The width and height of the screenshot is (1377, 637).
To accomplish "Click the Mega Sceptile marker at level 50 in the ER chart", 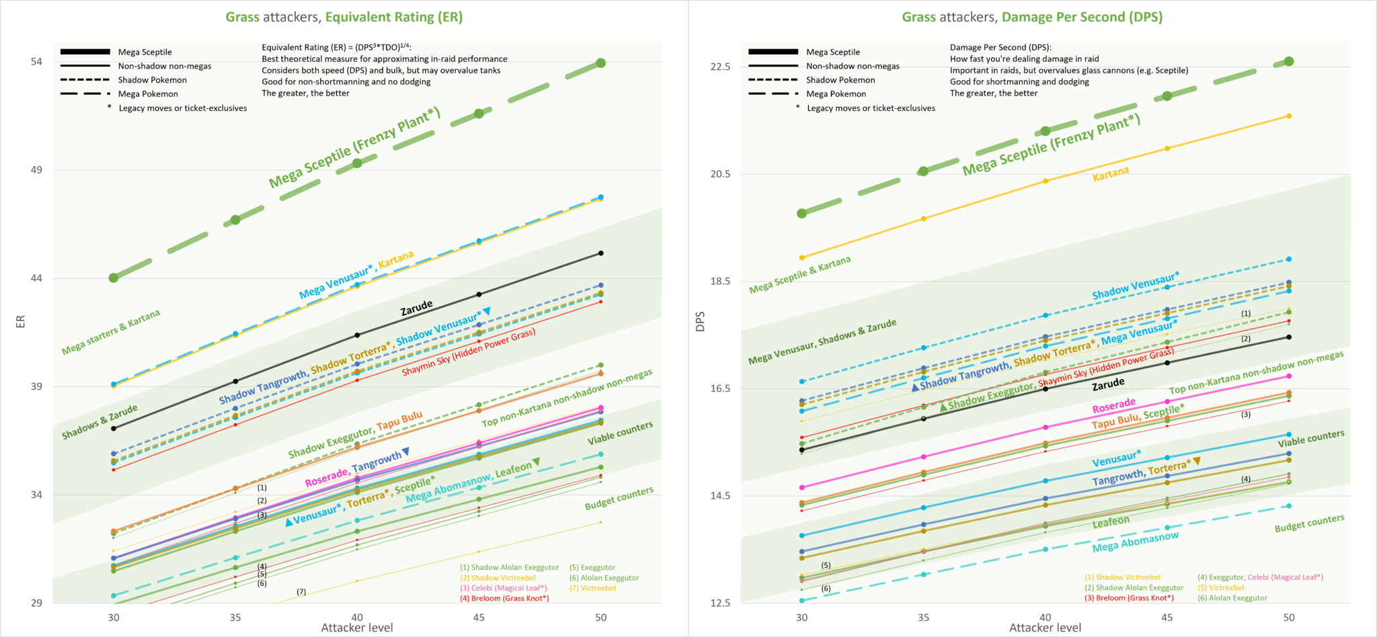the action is point(601,62).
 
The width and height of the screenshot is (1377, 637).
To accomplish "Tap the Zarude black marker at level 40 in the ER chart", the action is point(357,335).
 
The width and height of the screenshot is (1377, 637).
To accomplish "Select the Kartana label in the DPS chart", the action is point(1111,173).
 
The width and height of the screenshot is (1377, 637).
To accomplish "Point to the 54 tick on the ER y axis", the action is point(36,62).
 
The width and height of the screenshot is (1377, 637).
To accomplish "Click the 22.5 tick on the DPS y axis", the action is point(720,67).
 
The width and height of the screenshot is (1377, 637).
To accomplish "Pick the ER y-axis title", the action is point(20,322).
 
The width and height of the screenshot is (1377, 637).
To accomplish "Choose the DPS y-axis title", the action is point(701,322).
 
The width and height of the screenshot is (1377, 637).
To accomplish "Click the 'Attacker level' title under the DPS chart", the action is point(1045,628).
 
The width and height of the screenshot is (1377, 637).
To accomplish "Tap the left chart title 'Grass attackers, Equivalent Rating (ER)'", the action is point(344,17).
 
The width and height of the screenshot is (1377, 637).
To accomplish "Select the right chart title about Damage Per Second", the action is point(1032,17).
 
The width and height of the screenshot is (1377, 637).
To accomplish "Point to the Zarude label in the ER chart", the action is point(417,308).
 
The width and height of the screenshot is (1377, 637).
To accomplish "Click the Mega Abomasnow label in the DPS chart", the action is point(1136,542).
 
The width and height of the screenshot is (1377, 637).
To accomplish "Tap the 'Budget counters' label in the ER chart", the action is point(619,498).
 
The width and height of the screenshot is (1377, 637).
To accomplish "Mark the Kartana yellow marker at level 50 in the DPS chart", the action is point(1289,116).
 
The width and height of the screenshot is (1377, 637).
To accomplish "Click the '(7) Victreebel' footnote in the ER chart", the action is point(592,588).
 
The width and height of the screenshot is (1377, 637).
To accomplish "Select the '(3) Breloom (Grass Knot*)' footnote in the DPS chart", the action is point(1129,598).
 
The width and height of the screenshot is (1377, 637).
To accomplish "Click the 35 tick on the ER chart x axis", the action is point(235,618).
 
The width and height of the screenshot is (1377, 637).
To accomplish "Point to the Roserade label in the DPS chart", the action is point(1114,405).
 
